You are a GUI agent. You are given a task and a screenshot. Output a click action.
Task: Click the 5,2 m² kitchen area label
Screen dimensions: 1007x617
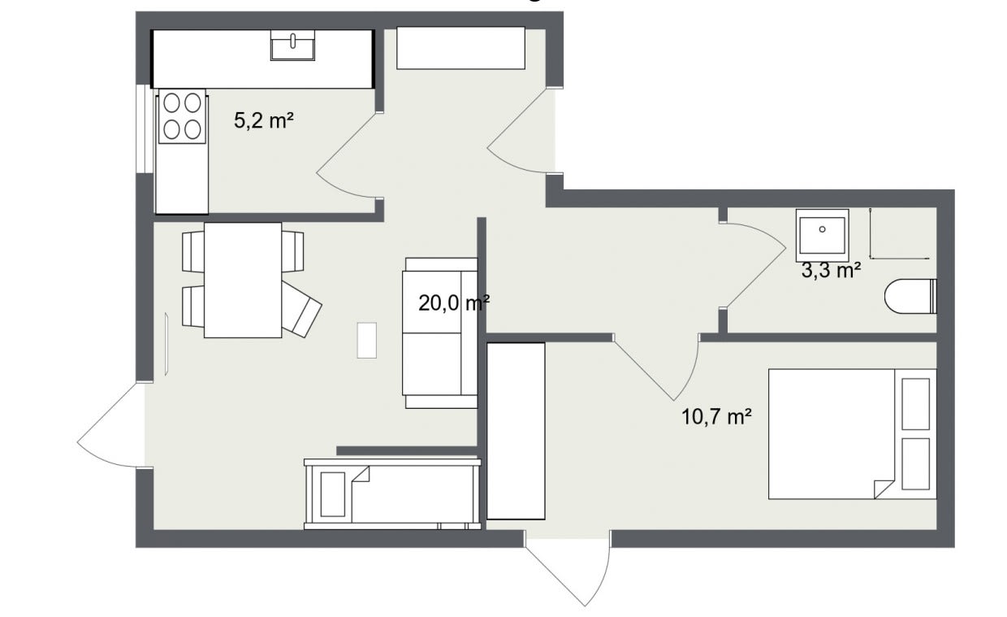pyautogui.click(x=263, y=120)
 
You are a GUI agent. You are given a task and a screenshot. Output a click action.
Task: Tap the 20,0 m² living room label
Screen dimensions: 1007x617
pyautogui.click(x=454, y=303)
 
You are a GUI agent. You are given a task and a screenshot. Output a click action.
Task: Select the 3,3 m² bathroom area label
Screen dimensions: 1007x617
pyautogui.click(x=832, y=271)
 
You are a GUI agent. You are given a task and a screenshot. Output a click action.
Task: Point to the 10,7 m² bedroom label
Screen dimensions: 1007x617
pyautogui.click(x=716, y=416)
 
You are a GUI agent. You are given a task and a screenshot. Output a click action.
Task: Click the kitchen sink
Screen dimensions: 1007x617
pyautogui.click(x=292, y=45)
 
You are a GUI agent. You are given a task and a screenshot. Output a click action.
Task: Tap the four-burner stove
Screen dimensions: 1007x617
pyautogui.click(x=182, y=116)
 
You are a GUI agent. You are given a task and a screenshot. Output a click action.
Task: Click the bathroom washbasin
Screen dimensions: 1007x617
pyautogui.click(x=822, y=236)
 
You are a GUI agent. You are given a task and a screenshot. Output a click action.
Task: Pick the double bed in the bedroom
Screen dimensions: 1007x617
pyautogui.click(x=853, y=434)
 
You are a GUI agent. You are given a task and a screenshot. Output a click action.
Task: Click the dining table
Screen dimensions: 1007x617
pyautogui.click(x=243, y=280)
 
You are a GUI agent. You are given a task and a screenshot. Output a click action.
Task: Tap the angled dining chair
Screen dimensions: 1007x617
pyautogui.click(x=300, y=310)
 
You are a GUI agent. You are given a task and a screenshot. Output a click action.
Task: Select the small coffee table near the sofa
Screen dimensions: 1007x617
pyautogui.click(x=367, y=341)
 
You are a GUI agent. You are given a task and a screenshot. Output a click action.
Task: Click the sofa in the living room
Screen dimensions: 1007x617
pyautogui.click(x=439, y=333)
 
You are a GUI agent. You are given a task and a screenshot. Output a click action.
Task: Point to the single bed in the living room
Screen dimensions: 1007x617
pyautogui.click(x=392, y=494)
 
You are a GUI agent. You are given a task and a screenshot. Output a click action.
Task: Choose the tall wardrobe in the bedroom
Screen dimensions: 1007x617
pyautogui.click(x=516, y=431)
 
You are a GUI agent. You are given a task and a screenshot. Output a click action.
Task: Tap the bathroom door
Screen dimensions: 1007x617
pyautogui.click(x=754, y=266)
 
